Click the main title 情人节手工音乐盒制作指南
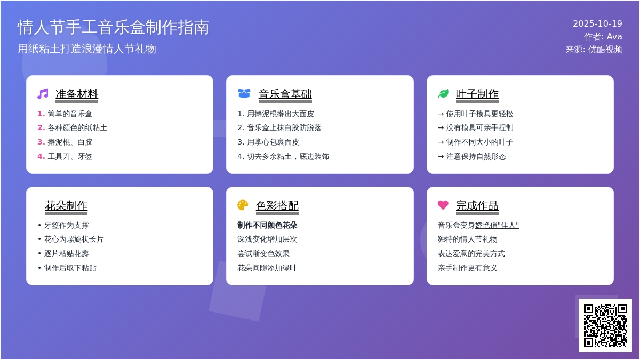click(x=113, y=27)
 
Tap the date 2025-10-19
click(x=597, y=23)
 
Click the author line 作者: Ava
click(x=603, y=37)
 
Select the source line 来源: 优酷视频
click(x=594, y=50)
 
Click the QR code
click(x=605, y=325)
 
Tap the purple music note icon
click(x=43, y=94)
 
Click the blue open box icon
click(x=244, y=93)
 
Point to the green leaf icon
click(x=443, y=94)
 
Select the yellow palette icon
click(x=243, y=205)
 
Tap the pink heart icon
click(x=443, y=205)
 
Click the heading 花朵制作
click(x=66, y=205)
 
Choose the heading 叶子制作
click(x=477, y=94)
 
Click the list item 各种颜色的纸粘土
click(x=77, y=127)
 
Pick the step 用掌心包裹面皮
click(x=273, y=142)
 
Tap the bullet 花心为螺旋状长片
click(x=74, y=239)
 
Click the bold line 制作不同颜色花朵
click(x=267, y=225)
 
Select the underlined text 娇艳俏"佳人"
click(x=497, y=225)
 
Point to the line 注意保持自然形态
click(x=476, y=157)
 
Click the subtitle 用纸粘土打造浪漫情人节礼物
click(x=87, y=49)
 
